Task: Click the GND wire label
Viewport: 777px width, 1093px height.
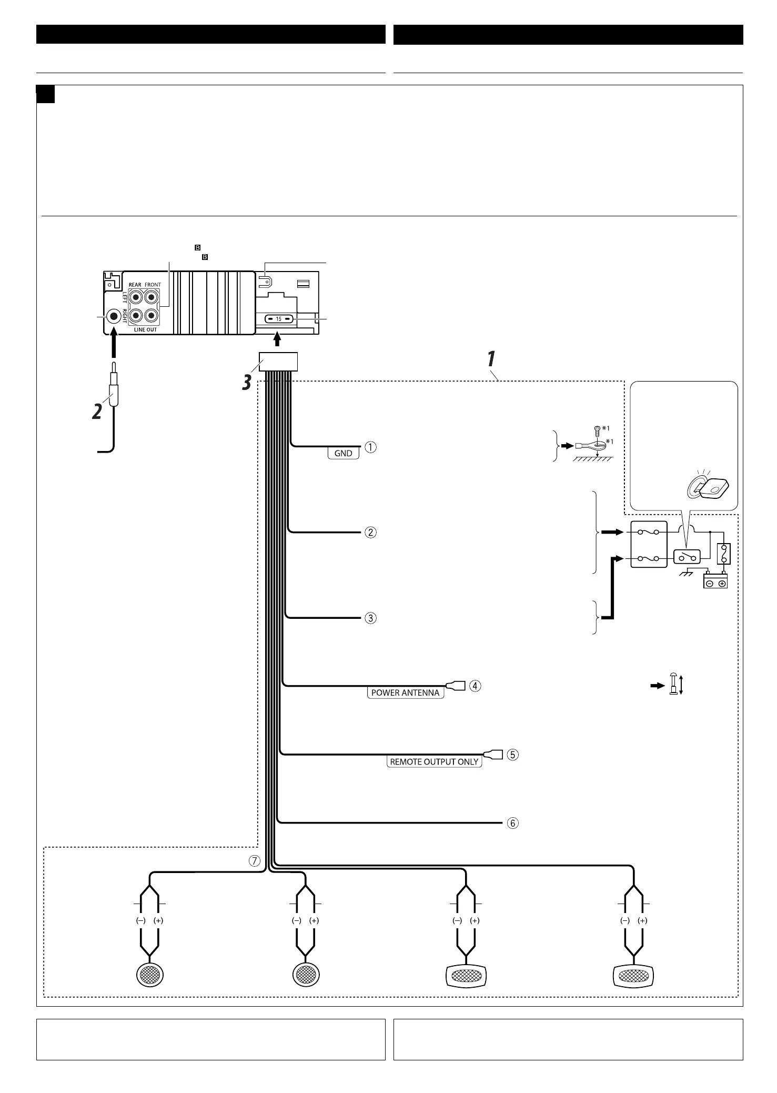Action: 343,453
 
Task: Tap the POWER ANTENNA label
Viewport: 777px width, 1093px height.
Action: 405,693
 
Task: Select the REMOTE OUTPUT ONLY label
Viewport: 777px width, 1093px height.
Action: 434,761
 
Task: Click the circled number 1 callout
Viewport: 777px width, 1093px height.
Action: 371,447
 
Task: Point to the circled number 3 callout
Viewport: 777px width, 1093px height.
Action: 371,618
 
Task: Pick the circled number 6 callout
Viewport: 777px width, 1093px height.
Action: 512,823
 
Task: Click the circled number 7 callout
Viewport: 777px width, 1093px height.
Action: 255,861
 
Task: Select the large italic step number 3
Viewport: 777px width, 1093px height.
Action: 246,383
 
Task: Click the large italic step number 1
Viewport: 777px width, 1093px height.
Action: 490,359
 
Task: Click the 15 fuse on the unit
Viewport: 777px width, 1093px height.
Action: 279,319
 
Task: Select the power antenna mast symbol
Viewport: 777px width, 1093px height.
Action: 673,685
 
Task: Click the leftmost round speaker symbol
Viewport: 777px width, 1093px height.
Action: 150,976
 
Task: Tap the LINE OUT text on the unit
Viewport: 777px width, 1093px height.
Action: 145,329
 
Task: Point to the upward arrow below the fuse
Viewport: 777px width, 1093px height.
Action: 278,340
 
